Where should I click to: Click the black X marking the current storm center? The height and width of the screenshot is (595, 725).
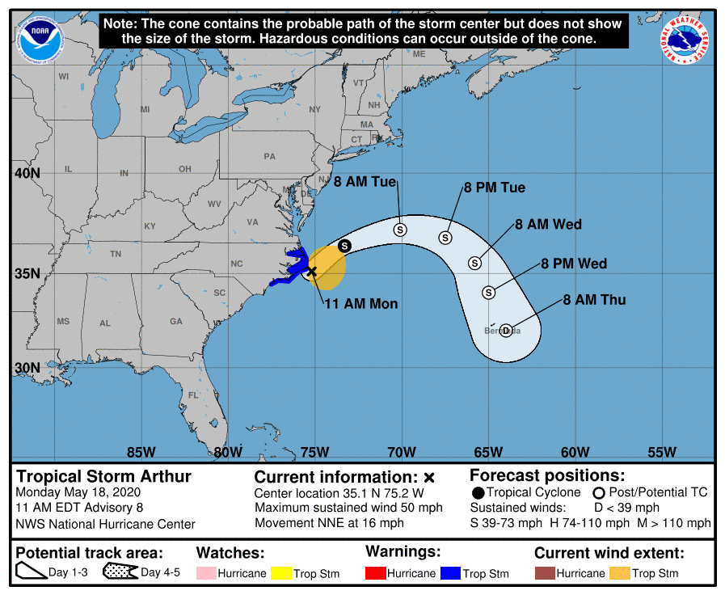(x=312, y=272)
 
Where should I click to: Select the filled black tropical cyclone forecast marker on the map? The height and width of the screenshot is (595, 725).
(x=344, y=246)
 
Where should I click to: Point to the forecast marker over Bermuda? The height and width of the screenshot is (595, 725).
(x=506, y=331)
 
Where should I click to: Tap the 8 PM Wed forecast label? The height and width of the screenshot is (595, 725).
(x=574, y=264)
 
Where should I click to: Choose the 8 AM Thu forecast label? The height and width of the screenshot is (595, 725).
(x=595, y=300)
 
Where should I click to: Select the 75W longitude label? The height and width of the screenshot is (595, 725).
(x=314, y=452)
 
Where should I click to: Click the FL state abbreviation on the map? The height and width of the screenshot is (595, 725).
(x=193, y=395)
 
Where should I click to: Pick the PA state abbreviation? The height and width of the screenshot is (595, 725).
(x=269, y=156)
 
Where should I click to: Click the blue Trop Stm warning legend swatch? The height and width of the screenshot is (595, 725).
(x=450, y=573)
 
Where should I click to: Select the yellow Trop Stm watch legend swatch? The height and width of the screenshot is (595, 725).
(x=281, y=573)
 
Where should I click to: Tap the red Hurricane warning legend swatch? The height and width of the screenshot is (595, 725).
(x=376, y=573)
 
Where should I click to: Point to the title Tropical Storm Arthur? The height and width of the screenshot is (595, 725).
(x=104, y=476)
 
